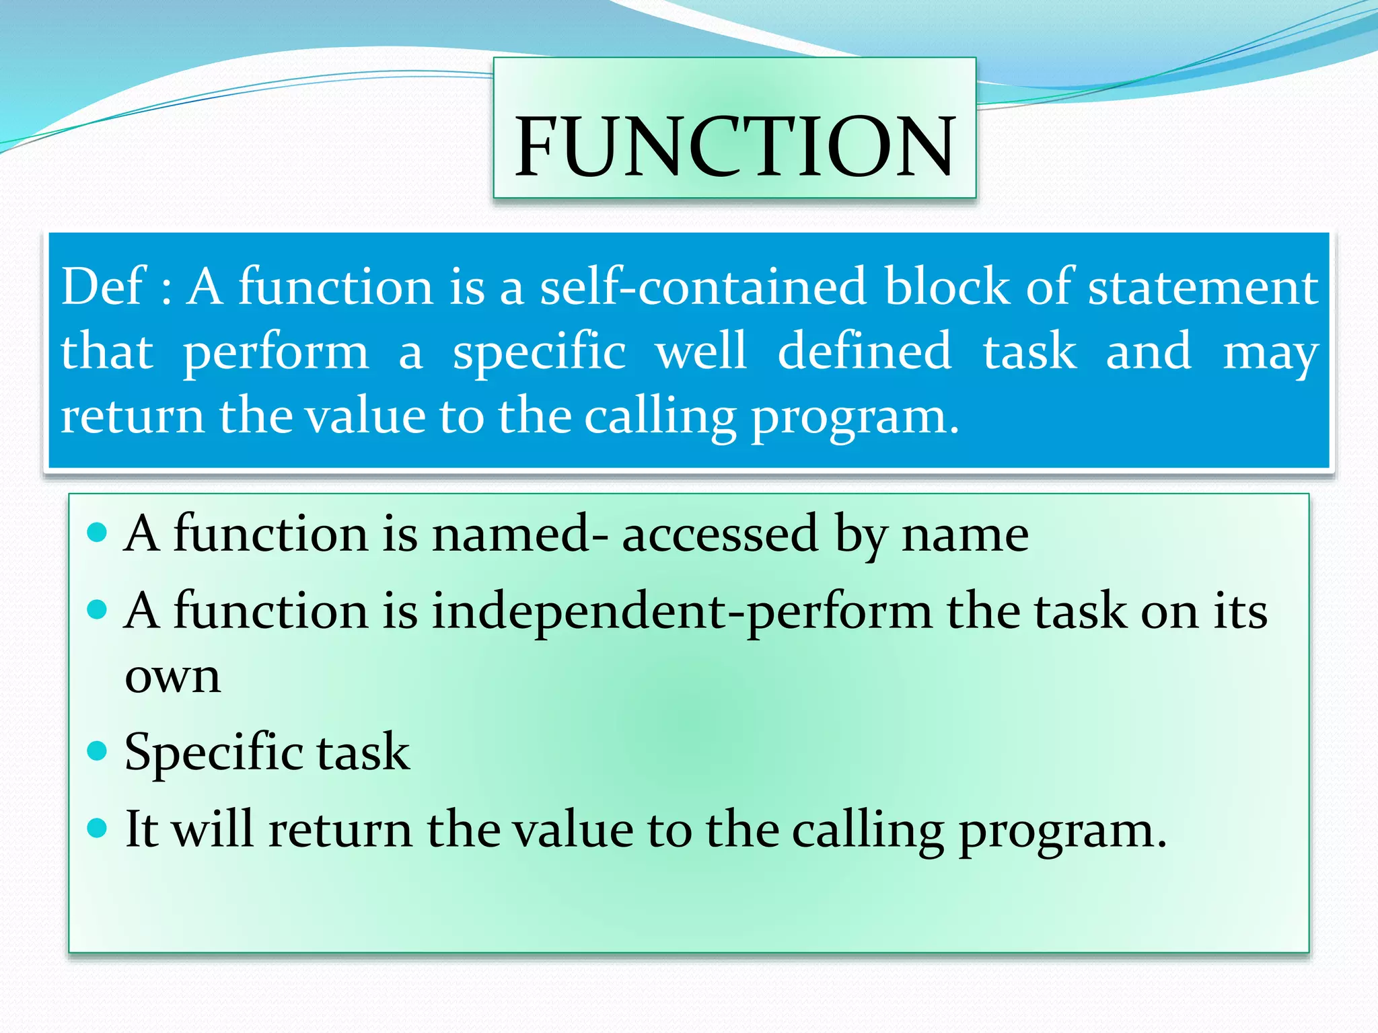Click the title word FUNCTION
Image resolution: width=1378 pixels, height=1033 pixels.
[734, 146]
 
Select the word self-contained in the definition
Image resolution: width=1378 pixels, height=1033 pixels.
[702, 286]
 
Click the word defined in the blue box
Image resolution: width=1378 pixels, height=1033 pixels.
[864, 350]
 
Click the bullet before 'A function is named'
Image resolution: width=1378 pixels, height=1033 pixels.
[98, 533]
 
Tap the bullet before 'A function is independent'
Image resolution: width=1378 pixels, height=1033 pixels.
[98, 609]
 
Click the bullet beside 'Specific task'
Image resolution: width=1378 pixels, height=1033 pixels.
[98, 750]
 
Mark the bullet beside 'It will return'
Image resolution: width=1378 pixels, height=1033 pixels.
[98, 827]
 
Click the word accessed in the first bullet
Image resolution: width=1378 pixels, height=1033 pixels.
[719, 535]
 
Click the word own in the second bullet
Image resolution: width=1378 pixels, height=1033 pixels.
[173, 677]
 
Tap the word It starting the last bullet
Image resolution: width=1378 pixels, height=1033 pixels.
[141, 829]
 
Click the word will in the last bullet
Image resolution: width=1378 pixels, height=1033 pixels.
[212, 829]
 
